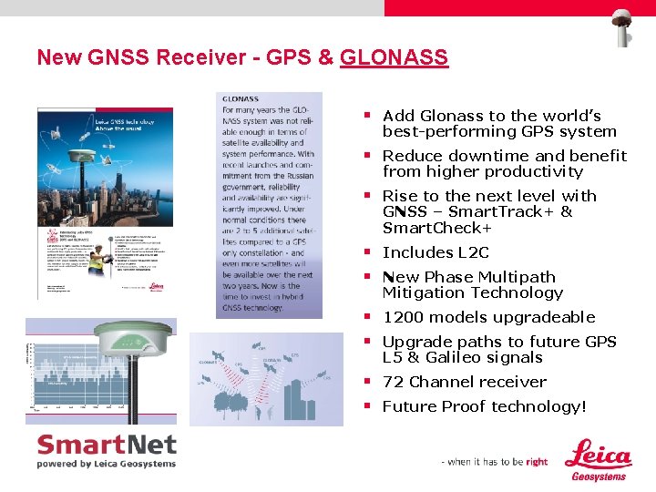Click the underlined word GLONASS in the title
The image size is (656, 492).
[x=394, y=57]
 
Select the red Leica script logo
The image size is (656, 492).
[x=598, y=454]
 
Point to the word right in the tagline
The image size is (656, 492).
[x=537, y=462]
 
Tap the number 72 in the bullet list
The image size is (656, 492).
[x=393, y=382]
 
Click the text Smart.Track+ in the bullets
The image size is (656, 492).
[x=491, y=211]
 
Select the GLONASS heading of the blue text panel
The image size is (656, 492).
[x=241, y=98]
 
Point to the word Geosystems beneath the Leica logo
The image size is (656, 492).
[x=599, y=476]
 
